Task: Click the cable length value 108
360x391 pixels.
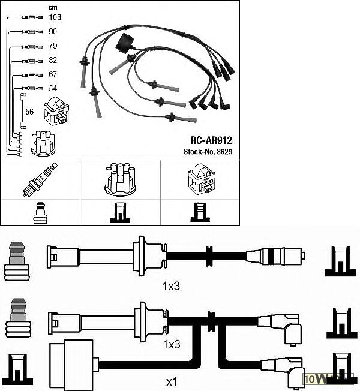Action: pos(55,17)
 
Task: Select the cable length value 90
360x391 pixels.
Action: pos(53,31)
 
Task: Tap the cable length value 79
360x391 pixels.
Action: pos(53,46)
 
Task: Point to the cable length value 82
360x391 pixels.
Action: pos(53,61)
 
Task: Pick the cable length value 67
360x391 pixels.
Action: pos(53,75)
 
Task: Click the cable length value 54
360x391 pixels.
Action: pos(53,89)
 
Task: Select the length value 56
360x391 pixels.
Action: pos(29,112)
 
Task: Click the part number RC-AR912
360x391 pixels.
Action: pos(211,140)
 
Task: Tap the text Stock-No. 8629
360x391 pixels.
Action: pos(208,152)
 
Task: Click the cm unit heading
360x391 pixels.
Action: pos(52,7)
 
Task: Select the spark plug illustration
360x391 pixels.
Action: pos(40,179)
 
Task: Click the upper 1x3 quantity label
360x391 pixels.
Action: pos(172,286)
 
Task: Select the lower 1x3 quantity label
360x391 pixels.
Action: pos(172,344)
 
